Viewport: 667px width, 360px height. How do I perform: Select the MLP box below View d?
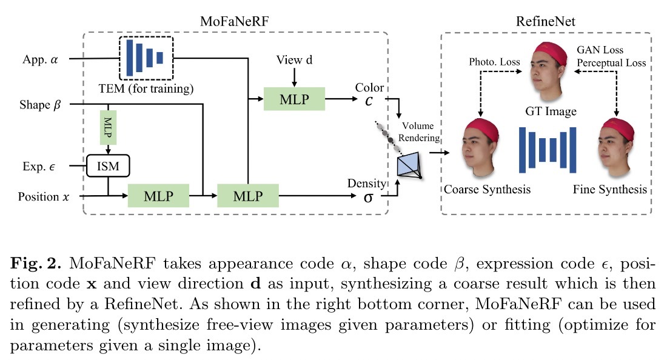point(295,98)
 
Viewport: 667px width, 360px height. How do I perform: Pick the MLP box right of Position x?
point(158,196)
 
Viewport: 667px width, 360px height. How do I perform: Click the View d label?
point(294,60)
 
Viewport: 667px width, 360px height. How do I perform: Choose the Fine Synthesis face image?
point(615,148)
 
